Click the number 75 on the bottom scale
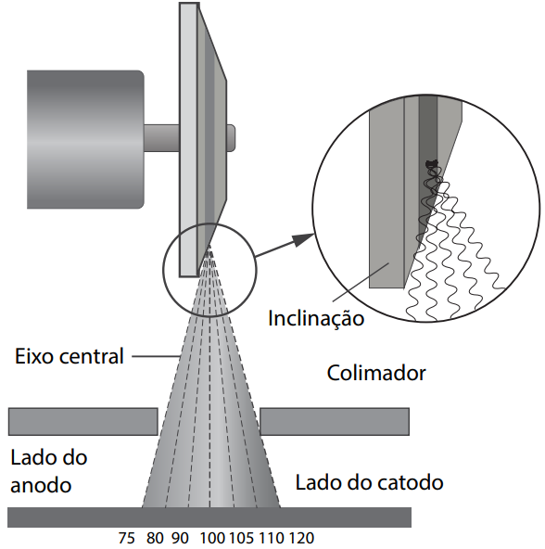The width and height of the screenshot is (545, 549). [128, 538]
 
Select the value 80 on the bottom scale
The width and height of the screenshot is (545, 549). [155, 538]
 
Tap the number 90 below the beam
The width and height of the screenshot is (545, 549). [179, 538]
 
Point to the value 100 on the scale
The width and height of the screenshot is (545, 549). [212, 538]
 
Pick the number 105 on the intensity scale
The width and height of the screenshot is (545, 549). [244, 538]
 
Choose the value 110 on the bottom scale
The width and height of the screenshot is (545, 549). [273, 538]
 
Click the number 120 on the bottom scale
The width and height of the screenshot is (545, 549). [302, 538]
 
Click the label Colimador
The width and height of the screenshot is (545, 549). [376, 374]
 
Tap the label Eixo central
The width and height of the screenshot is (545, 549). [70, 355]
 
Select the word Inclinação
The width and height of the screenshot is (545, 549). [316, 319]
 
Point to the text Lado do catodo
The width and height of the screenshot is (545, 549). [369, 482]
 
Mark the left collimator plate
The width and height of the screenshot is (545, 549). [82, 421]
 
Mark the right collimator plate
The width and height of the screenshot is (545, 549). [335, 421]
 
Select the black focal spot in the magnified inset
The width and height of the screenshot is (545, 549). [431, 165]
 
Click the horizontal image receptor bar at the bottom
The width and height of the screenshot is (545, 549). [209, 517]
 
